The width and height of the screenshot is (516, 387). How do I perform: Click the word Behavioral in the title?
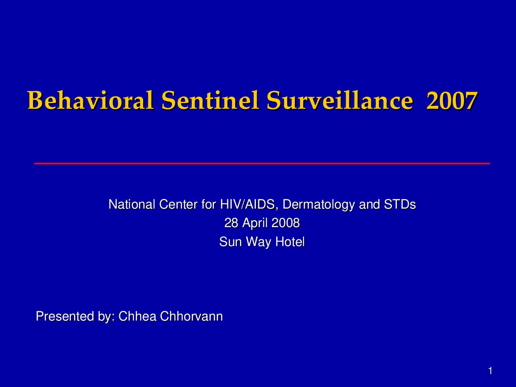click(91, 100)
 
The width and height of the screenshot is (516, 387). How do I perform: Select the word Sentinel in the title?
click(210, 100)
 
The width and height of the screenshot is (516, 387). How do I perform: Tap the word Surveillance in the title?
click(340, 100)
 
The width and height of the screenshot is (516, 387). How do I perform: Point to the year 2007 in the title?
click(452, 100)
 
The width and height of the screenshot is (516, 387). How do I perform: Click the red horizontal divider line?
click(262, 163)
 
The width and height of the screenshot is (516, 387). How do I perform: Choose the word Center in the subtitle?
click(178, 204)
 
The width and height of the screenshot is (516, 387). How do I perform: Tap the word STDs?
click(400, 204)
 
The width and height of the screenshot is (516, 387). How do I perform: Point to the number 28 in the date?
click(231, 223)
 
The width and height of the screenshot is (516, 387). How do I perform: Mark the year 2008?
click(286, 223)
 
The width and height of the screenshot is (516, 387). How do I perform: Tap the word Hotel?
click(290, 242)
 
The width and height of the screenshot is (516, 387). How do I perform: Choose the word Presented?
click(65, 316)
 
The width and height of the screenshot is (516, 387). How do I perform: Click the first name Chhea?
click(137, 316)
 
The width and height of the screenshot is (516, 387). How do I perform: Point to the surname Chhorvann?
click(191, 316)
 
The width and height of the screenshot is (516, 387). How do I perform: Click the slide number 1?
click(490, 371)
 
